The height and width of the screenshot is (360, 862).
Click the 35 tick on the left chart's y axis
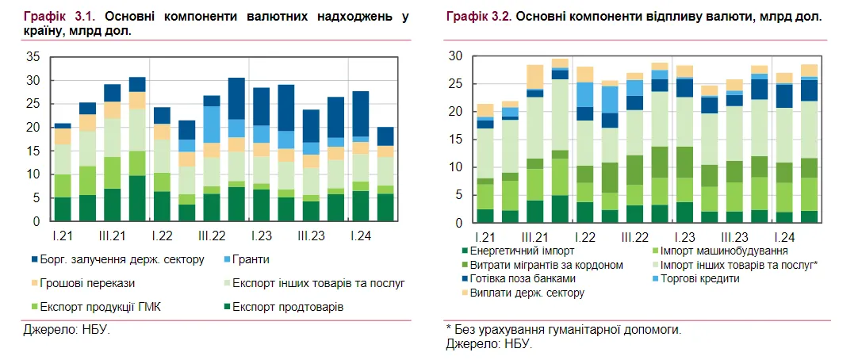(x=33, y=57)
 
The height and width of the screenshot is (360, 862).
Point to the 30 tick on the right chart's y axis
(x=455, y=56)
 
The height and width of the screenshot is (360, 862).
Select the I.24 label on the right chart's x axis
(x=783, y=237)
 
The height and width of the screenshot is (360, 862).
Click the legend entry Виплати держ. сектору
(x=527, y=293)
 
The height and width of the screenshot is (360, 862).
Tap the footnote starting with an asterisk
(x=563, y=329)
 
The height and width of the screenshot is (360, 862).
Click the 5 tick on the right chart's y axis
(x=458, y=195)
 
